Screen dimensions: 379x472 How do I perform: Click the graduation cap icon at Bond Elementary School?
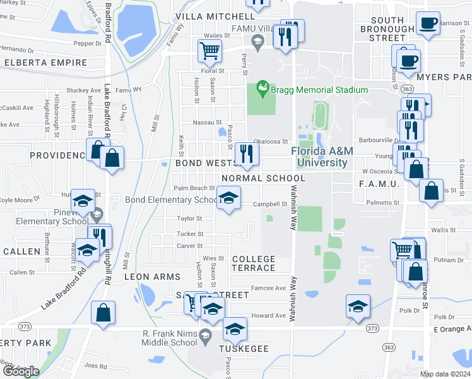(x=228, y=198)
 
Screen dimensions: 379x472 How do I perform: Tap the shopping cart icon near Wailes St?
(x=209, y=50)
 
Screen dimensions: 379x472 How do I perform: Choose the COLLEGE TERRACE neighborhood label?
(x=254, y=263)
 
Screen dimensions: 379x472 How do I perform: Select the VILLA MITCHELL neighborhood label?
(x=215, y=16)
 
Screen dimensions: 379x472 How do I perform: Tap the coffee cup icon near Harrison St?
(x=428, y=23)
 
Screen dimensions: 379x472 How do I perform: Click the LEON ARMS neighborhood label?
(x=152, y=277)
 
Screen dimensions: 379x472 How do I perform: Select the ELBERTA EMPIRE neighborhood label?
(x=45, y=63)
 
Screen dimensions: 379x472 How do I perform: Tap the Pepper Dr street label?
(x=88, y=44)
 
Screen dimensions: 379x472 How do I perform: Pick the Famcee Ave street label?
(x=268, y=288)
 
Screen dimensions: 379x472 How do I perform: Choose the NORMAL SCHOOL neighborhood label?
(x=263, y=178)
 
